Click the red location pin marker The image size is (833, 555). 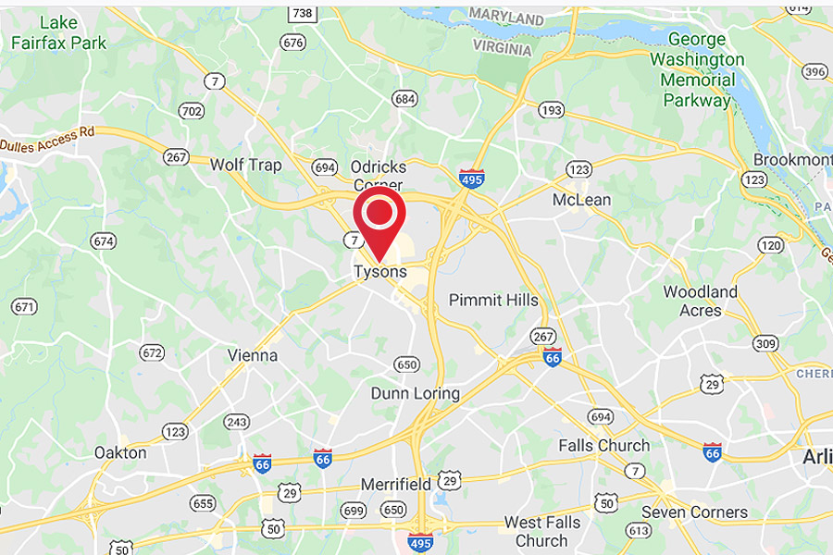379,218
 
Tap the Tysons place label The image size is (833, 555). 379,272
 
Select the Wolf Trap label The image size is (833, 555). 245,165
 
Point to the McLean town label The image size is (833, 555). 581,200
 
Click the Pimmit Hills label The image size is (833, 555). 493,300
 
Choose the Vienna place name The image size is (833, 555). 253,355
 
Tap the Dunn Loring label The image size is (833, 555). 415,393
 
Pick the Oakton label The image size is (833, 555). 120,452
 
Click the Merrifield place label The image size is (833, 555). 395,484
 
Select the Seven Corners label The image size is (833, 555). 694,512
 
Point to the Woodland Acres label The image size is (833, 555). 701,301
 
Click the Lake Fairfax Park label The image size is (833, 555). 59,33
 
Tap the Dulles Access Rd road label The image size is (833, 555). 48,139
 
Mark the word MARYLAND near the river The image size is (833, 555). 506,18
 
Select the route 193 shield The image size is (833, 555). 552,110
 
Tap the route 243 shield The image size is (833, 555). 236,422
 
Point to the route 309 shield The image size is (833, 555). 764,344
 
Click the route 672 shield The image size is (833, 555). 152,352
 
